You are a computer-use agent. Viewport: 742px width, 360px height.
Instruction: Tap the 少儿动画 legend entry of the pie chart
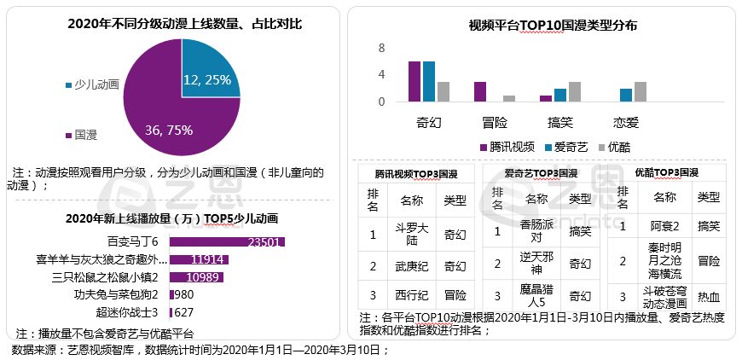(95, 85)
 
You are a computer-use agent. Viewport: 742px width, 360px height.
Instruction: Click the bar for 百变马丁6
(226, 241)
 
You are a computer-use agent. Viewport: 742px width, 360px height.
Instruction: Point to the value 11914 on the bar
(208, 259)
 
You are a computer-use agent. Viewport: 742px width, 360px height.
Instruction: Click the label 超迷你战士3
(128, 311)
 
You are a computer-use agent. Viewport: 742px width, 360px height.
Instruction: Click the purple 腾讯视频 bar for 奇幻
(414, 82)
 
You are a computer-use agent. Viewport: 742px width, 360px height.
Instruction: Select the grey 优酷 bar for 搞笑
(575, 92)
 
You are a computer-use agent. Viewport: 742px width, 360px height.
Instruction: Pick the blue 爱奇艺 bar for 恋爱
(626, 96)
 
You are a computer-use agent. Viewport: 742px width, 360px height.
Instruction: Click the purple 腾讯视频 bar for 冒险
(480, 92)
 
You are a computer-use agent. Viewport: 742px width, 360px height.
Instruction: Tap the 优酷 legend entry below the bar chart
(613, 147)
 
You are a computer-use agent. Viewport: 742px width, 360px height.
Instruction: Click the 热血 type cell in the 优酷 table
(709, 297)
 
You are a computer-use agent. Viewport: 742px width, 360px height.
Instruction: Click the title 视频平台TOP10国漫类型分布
(553, 26)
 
